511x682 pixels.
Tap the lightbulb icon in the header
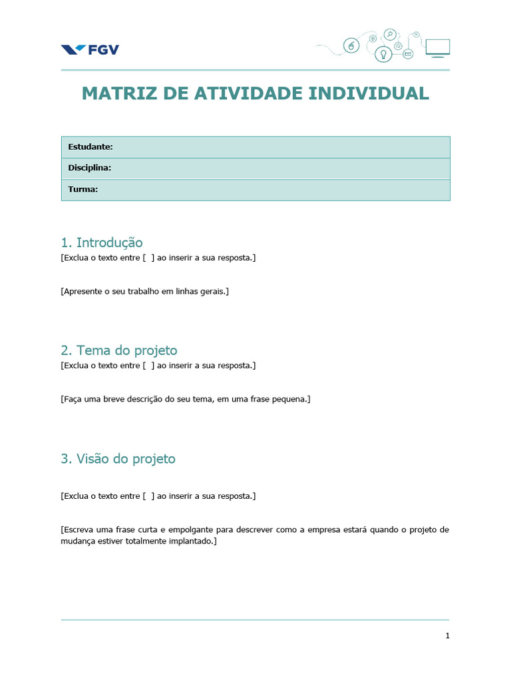383,54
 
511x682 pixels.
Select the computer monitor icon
437,48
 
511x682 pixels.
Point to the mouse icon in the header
351,45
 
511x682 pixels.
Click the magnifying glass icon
390,35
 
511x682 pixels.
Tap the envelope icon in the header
408,53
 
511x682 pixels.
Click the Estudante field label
90,147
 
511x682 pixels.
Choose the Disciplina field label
89,168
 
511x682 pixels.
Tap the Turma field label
83,189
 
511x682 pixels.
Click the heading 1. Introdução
102,242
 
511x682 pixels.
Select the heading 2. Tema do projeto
119,350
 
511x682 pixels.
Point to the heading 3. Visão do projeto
118,459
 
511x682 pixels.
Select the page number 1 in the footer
448,636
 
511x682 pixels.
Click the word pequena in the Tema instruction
289,399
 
